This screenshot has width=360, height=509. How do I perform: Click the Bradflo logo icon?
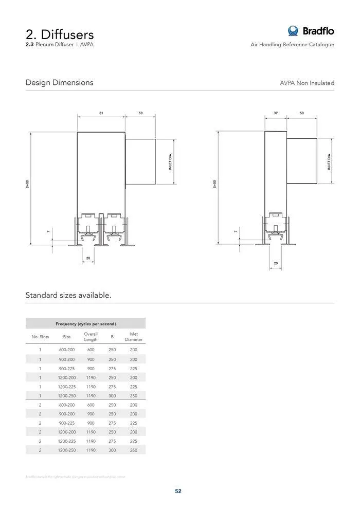[294, 31]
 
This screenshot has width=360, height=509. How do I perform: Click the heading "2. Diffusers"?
[60, 34]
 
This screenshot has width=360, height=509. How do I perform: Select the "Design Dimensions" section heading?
[60, 82]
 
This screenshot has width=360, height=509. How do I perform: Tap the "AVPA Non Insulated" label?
[307, 83]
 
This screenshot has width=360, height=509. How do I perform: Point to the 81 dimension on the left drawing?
[101, 113]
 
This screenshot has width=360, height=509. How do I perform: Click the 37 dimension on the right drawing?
[276, 113]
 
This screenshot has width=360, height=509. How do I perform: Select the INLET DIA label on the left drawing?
[170, 161]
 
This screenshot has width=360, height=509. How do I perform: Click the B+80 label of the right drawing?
[214, 184]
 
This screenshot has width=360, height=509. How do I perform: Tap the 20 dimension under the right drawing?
[276, 263]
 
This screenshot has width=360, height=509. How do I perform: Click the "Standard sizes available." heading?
[68, 295]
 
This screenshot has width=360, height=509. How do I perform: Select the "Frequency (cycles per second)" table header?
[85, 324]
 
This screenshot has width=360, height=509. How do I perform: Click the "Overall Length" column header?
[91, 337]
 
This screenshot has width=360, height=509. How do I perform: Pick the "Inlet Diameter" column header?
[133, 337]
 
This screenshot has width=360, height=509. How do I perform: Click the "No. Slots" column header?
[40, 337]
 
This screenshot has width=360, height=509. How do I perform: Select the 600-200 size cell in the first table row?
[66, 350]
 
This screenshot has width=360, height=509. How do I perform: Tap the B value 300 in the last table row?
[112, 450]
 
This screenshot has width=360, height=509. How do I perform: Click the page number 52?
[178, 491]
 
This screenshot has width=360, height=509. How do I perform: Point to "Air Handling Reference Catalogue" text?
[292, 45]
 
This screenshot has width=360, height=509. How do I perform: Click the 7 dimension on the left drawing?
[48, 232]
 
